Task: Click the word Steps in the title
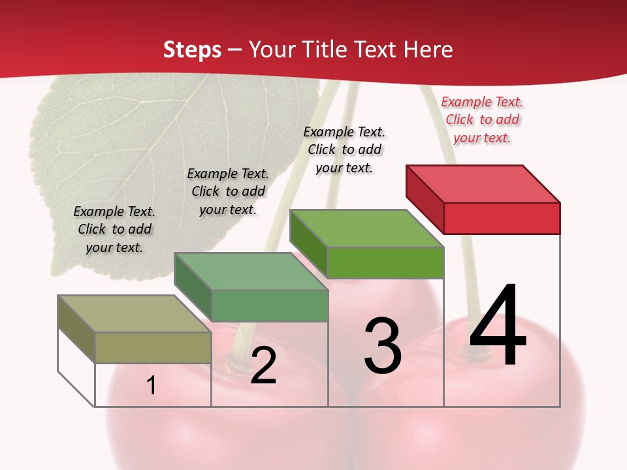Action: (191, 50)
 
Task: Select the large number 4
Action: (498, 326)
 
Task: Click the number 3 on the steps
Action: (383, 345)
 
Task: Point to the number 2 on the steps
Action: (263, 366)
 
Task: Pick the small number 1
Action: (152, 385)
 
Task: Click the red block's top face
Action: (483, 183)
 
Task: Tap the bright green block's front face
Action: (385, 262)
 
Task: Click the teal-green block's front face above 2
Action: (270, 305)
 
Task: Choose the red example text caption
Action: (482, 119)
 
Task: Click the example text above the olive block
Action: (114, 229)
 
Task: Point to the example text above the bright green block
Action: (344, 149)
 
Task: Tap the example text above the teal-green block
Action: (228, 191)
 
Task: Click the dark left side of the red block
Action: (425, 195)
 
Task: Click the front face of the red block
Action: (502, 218)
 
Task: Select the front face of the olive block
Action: (153, 347)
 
